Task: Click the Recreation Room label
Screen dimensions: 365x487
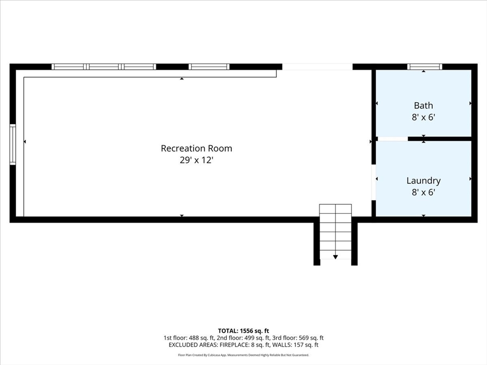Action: point(196,148)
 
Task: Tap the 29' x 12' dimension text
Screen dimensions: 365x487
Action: point(196,160)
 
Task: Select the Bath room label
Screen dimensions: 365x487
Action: point(423,106)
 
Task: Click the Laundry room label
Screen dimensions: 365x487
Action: point(423,181)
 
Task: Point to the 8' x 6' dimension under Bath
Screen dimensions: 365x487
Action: point(423,117)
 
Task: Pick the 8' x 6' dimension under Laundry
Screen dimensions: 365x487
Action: point(423,192)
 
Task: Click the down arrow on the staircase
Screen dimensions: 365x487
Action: point(335,257)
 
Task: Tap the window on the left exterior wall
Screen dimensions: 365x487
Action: point(13,144)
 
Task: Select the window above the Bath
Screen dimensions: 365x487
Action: point(425,67)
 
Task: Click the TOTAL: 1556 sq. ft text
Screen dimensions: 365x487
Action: point(243,331)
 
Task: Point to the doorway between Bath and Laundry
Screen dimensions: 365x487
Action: point(393,139)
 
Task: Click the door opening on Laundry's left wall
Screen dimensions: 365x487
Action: point(374,182)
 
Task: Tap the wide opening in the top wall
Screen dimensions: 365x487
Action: point(317,67)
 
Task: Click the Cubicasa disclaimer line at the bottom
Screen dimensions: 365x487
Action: point(243,355)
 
